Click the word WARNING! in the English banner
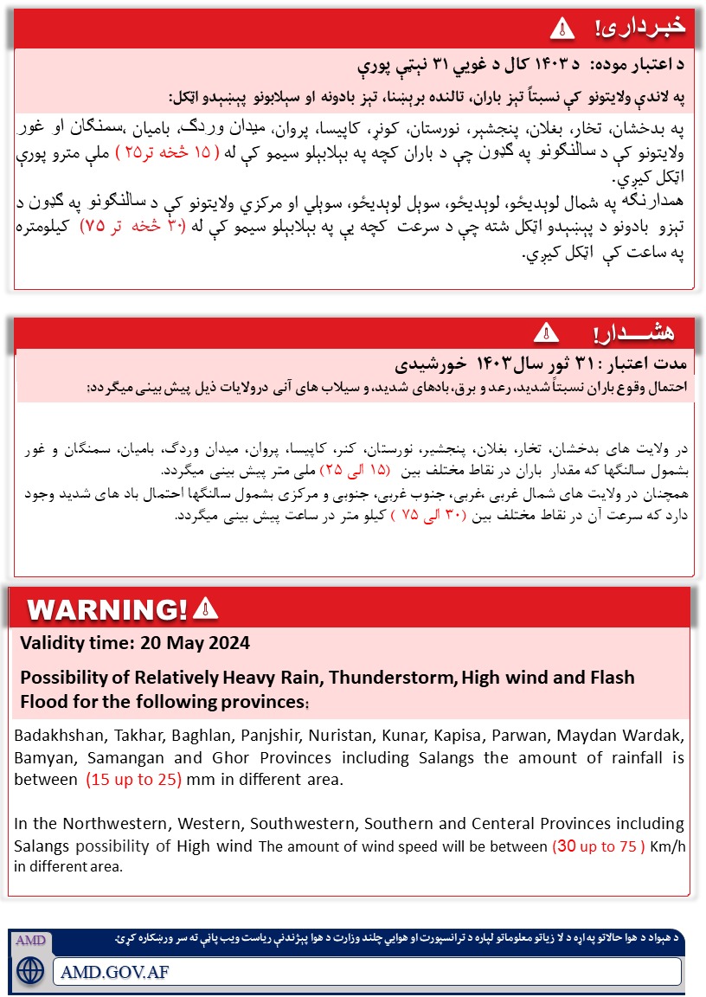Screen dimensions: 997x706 point(108,609)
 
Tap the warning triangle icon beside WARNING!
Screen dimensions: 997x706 point(205,609)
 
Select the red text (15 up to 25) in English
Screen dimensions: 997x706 point(133,779)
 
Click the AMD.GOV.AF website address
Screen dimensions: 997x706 point(115,971)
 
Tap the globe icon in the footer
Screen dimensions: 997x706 point(30,969)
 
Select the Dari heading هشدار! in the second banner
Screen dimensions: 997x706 point(635,332)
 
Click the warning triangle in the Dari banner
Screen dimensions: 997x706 point(546,331)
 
